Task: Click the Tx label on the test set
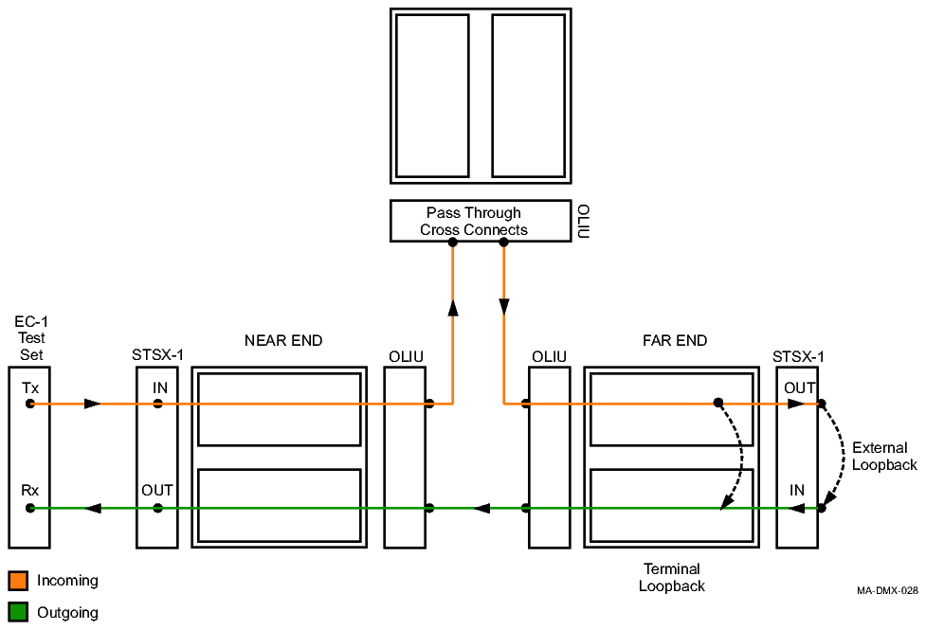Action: coord(31,387)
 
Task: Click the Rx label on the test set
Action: coord(31,491)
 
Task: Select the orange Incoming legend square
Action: coord(18,580)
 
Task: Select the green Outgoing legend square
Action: coord(18,612)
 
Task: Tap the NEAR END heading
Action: coord(282,341)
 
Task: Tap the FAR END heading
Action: coord(674,341)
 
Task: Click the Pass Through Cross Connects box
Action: coord(474,221)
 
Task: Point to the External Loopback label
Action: coord(883,456)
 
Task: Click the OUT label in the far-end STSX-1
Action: coord(799,387)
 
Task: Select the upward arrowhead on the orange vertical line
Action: coord(453,308)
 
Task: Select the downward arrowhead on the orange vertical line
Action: coord(503,307)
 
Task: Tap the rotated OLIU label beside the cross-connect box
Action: coord(583,221)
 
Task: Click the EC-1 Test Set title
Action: coord(32,338)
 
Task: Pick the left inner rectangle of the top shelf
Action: coord(432,96)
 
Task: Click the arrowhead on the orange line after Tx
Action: coord(91,404)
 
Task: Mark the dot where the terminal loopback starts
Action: coord(718,403)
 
